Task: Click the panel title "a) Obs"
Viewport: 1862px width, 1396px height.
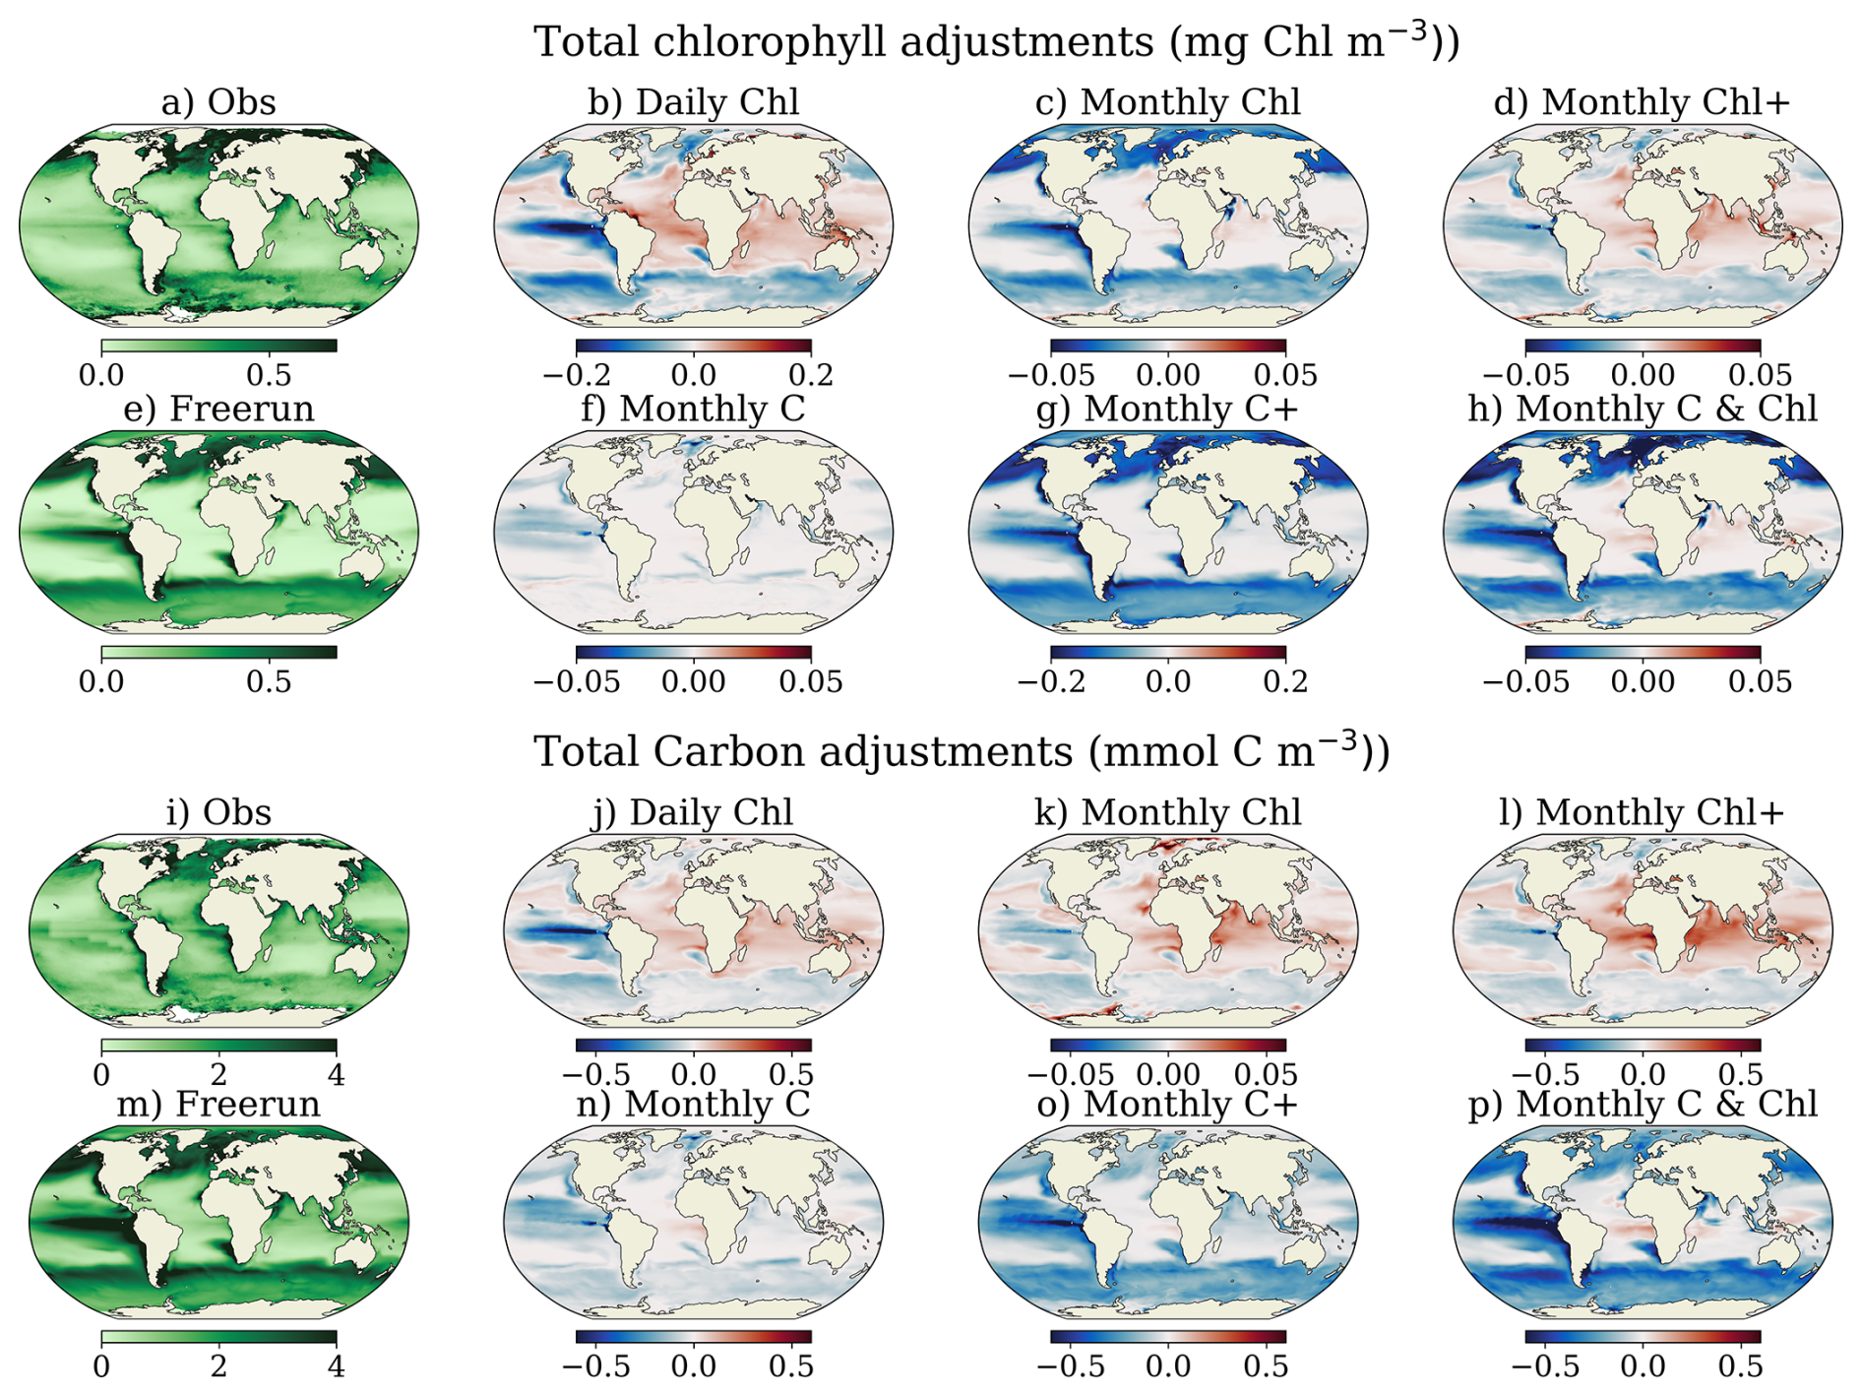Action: click(218, 102)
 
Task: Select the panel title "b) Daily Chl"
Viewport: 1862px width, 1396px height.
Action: click(693, 102)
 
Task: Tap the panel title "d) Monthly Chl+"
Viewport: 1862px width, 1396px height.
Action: click(1642, 102)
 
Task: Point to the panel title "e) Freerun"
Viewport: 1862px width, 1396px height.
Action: click(218, 409)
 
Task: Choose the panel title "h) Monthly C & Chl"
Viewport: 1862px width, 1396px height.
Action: click(1642, 409)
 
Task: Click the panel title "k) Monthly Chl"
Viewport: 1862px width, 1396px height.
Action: click(1167, 812)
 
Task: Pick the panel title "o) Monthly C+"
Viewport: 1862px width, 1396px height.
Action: click(1167, 1104)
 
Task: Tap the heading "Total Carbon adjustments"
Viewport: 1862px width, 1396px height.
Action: click(803, 752)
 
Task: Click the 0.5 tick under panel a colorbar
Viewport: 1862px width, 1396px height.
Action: click(269, 375)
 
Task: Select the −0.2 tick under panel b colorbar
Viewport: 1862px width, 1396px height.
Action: click(576, 375)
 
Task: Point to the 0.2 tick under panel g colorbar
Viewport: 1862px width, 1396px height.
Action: click(1285, 681)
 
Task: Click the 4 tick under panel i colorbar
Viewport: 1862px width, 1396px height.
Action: click(337, 1074)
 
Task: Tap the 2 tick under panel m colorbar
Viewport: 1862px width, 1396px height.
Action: click(218, 1365)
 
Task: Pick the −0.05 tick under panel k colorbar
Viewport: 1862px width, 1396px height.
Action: click(1072, 1074)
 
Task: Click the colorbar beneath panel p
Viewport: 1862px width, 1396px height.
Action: click(1642, 1337)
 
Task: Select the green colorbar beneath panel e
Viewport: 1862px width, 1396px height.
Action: click(218, 652)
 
